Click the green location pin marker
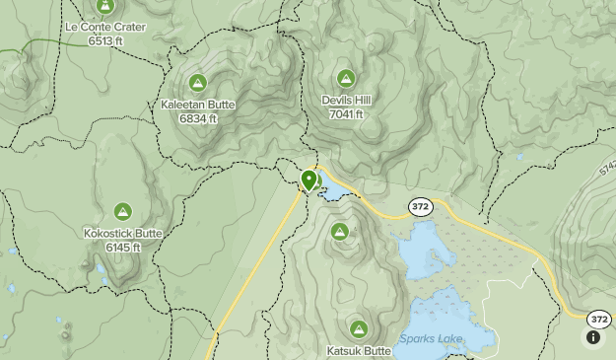click(x=309, y=180)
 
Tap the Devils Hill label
click(x=346, y=100)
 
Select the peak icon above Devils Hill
click(x=346, y=79)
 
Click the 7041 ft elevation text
click(x=346, y=113)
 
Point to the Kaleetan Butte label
click(x=198, y=104)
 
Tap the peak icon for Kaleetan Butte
click(x=198, y=84)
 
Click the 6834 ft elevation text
click(x=198, y=118)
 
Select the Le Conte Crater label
click(x=103, y=28)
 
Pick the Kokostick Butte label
click(x=122, y=233)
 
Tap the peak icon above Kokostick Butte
click(x=122, y=212)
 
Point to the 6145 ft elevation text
click(x=122, y=247)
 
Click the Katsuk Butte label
click(x=359, y=350)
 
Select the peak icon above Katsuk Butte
click(x=358, y=328)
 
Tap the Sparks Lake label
click(x=432, y=339)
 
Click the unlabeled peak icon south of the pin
click(x=340, y=233)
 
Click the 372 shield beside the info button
click(x=598, y=320)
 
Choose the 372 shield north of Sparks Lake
click(x=421, y=206)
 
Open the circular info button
click(x=593, y=337)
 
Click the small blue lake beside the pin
click(x=331, y=188)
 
